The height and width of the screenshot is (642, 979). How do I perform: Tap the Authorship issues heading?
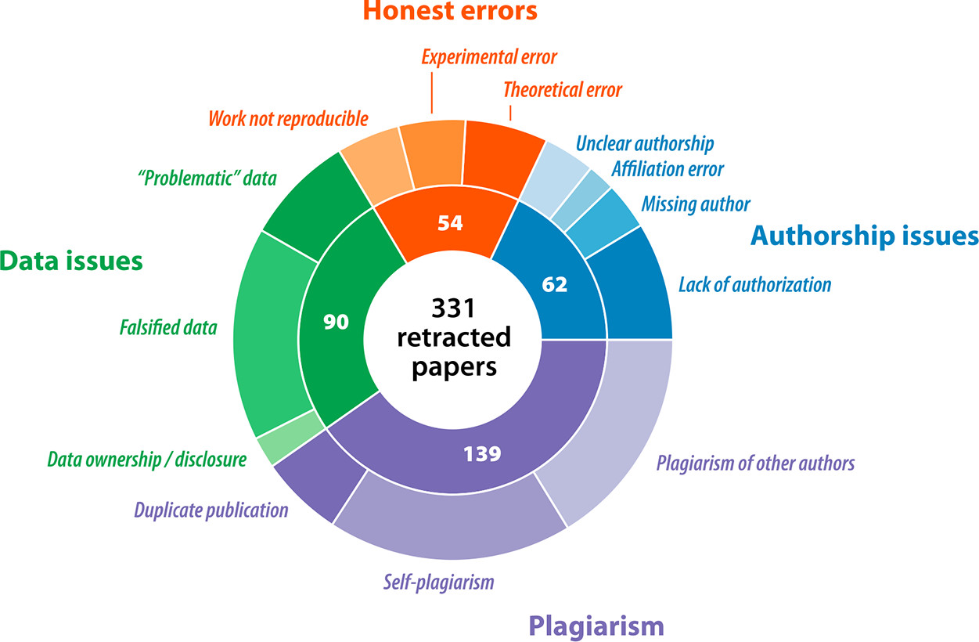(x=864, y=236)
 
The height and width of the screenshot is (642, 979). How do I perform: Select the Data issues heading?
(x=71, y=261)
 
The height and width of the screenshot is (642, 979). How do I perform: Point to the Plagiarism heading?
(x=596, y=625)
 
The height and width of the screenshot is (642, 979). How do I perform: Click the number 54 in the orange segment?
(x=450, y=222)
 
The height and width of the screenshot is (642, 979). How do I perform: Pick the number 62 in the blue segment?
(x=554, y=285)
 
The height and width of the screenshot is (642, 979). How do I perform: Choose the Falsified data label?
(x=168, y=327)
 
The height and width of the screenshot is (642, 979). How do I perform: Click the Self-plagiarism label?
(x=439, y=582)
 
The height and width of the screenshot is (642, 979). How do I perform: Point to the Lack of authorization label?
(x=754, y=283)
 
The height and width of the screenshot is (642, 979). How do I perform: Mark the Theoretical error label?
(x=563, y=89)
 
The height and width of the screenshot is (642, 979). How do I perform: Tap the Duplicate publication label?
(x=211, y=510)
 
